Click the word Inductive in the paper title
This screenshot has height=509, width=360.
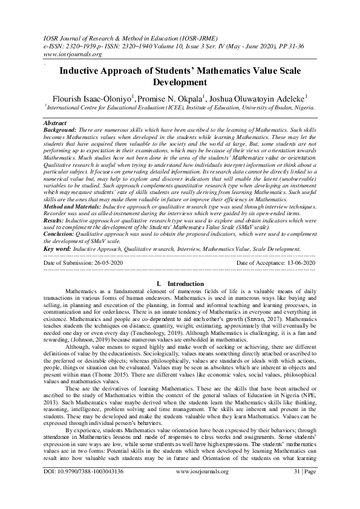tap(84, 70)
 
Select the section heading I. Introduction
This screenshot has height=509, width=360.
tap(179, 300)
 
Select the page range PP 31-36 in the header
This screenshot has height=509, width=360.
tap(298, 44)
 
